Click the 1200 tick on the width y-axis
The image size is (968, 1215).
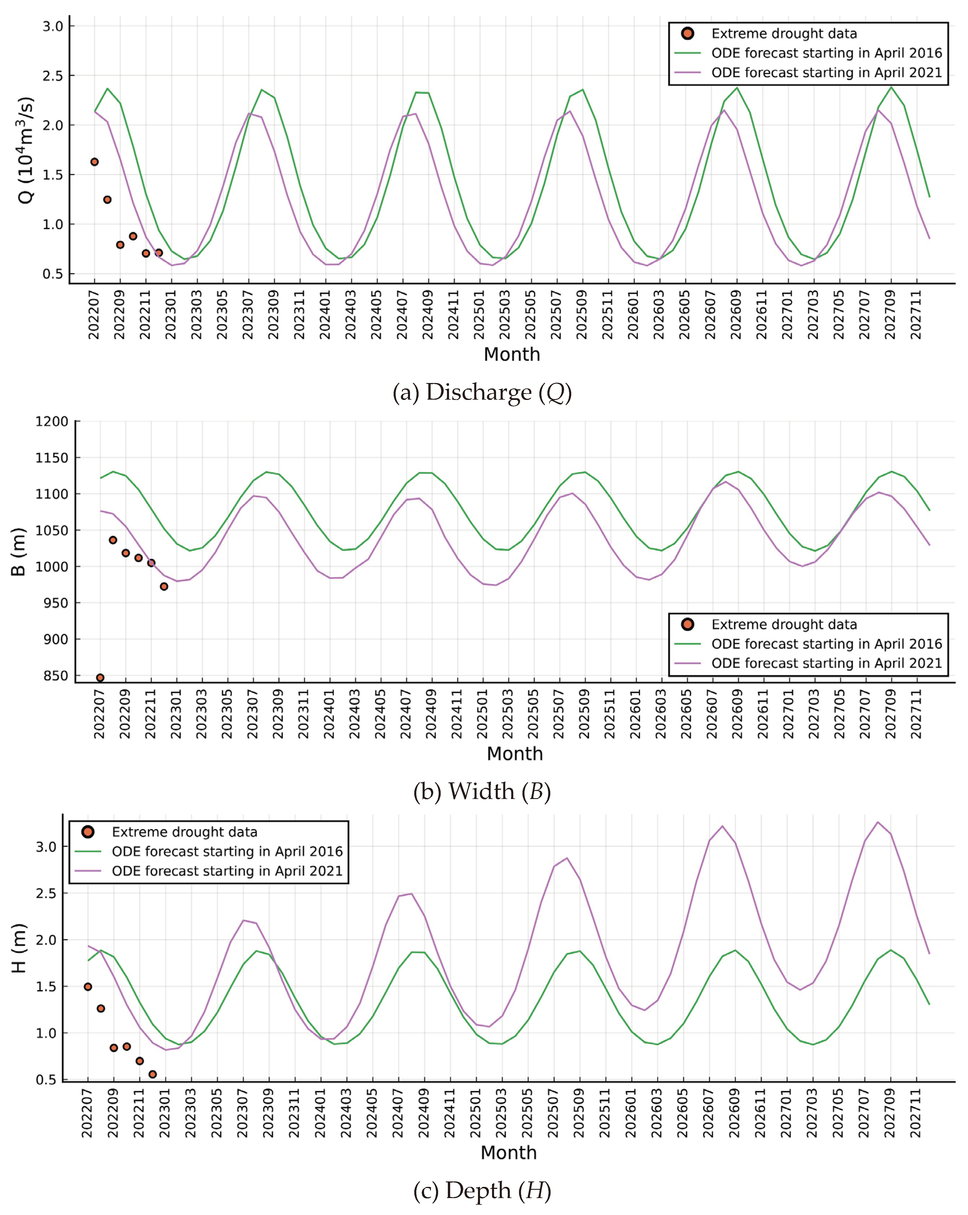[x=52, y=421]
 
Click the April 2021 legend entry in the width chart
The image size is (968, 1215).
[x=826, y=663]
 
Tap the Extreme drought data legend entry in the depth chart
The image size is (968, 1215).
[x=184, y=832]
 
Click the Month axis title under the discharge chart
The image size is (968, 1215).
[x=512, y=355]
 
